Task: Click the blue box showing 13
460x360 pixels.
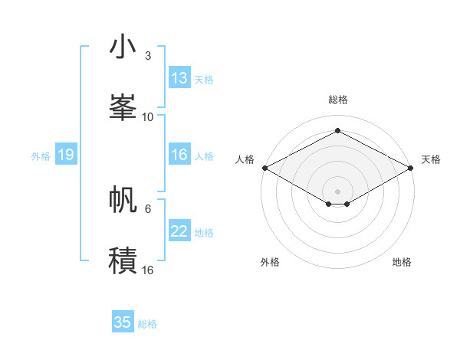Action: [179, 78]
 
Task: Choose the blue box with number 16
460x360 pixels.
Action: [179, 155]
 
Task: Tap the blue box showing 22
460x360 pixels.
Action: [179, 231]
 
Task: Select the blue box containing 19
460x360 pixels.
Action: [66, 155]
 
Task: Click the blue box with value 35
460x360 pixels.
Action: [123, 322]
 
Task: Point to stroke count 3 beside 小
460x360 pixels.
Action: [148, 56]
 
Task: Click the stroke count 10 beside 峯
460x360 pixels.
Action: [148, 116]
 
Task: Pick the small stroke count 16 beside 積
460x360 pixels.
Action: [148, 270]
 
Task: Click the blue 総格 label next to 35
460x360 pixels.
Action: [147, 324]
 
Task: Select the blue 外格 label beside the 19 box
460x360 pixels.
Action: [41, 155]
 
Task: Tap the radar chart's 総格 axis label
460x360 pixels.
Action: [337, 100]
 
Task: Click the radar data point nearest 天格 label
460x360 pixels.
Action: [412, 168]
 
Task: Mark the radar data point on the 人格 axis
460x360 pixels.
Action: [264, 168]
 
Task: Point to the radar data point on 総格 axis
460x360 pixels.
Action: [337, 131]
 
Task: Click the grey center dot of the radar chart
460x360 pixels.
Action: [337, 191]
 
